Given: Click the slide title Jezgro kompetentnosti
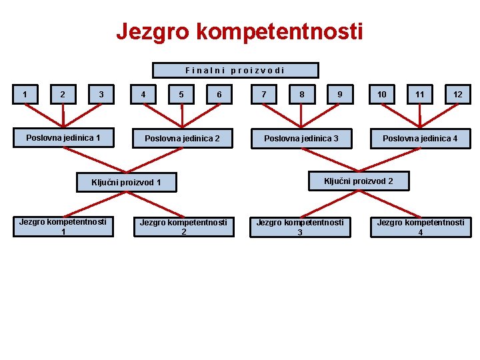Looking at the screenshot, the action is click(x=240, y=31).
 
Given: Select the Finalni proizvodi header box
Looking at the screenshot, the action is click(x=235, y=70).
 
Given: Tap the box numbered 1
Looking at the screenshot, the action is click(x=25, y=95).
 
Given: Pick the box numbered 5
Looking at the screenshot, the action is click(x=181, y=95).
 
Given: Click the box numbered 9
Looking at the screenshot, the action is click(x=339, y=95).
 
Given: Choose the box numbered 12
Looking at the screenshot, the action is click(x=457, y=95).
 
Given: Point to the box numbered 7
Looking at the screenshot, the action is click(x=264, y=95).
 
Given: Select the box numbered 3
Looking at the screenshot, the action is click(x=101, y=95).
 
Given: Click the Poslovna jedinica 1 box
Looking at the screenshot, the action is click(x=63, y=138).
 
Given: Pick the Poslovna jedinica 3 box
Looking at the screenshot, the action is click(x=301, y=139).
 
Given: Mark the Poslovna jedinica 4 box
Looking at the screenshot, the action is click(x=420, y=139).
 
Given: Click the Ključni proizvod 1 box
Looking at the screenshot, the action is click(x=126, y=182).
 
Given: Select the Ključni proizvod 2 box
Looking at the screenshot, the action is click(x=358, y=181).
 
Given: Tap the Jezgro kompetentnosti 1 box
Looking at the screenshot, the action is click(x=63, y=227).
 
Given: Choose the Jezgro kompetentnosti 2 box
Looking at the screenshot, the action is click(x=183, y=227).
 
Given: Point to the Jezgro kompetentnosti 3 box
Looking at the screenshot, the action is click(x=301, y=227).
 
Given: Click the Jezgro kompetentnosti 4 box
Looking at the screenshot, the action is click(x=421, y=227).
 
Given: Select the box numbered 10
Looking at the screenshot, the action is click(x=381, y=95).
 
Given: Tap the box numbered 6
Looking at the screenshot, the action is click(x=219, y=95).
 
